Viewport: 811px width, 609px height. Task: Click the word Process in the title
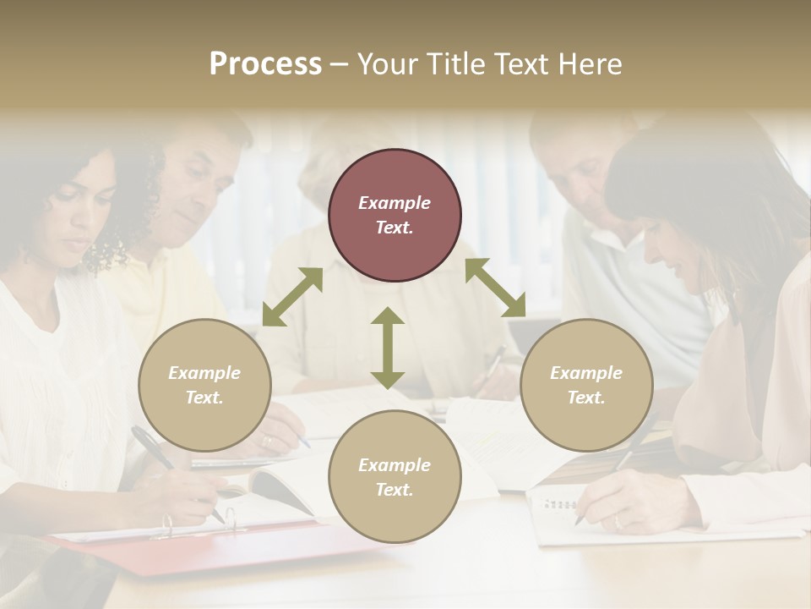coord(265,64)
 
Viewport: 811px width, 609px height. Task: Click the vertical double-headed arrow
coord(388,348)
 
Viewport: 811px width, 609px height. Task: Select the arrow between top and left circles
coord(292,296)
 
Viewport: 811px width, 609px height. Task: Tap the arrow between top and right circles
coord(495,288)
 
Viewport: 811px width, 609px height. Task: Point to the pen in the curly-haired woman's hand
coord(161,453)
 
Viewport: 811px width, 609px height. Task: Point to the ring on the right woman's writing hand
coord(616,521)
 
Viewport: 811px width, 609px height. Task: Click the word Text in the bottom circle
coord(395,490)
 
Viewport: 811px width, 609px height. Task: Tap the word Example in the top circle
coord(395,203)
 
